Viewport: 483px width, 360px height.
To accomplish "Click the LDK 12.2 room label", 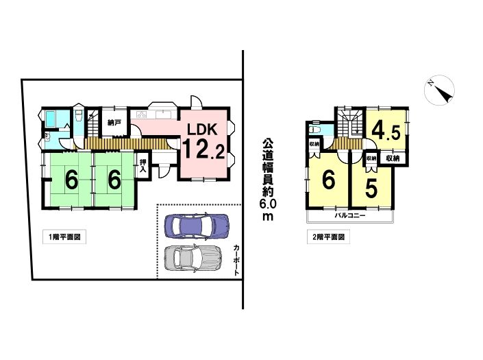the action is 204,141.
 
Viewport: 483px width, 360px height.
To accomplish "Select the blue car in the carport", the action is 197,226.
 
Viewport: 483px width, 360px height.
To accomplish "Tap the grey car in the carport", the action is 193,258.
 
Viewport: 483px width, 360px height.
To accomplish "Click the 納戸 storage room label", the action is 114,123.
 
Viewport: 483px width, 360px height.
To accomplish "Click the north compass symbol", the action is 439,90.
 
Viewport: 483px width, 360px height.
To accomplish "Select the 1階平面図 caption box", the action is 64,237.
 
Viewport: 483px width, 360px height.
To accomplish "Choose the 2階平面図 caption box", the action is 328,237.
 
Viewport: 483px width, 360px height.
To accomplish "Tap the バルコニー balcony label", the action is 350,215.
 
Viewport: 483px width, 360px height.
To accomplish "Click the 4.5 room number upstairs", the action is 386,131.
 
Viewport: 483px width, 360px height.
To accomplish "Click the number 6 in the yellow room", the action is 329,180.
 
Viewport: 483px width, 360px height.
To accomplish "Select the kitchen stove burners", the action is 142,115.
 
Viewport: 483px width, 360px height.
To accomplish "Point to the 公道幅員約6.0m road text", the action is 268,180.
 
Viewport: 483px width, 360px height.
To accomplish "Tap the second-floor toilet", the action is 315,130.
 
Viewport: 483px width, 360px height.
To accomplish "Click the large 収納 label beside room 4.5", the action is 393,158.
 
